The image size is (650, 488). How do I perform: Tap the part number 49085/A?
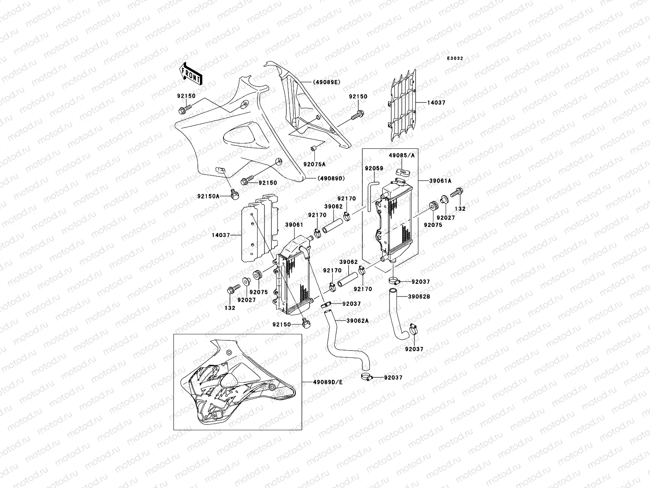[401, 155]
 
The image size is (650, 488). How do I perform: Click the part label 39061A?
[440, 181]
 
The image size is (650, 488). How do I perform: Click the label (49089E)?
[326, 82]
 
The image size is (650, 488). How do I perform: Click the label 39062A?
[357, 321]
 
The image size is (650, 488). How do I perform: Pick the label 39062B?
[419, 296]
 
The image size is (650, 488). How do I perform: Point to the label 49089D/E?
[328, 382]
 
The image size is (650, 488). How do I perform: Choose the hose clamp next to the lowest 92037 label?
[366, 377]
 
